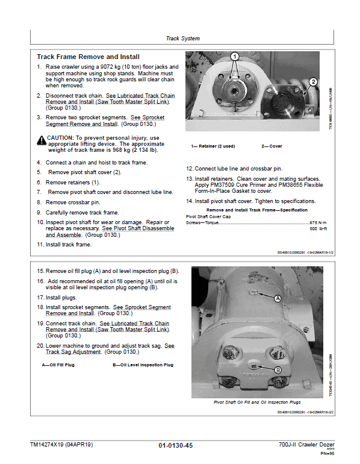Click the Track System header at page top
(x=182, y=39)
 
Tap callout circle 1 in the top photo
(x=235, y=57)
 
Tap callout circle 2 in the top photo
(x=312, y=81)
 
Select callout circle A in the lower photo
(x=278, y=298)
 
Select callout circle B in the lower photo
(x=278, y=369)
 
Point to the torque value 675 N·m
(x=316, y=222)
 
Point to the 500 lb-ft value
(x=317, y=230)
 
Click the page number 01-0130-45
(x=176, y=445)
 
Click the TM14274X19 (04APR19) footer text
(x=61, y=445)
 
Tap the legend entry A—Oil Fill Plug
(x=58, y=365)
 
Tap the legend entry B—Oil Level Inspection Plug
(x=143, y=365)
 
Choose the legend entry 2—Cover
(x=271, y=146)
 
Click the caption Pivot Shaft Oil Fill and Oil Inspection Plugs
(x=257, y=402)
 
